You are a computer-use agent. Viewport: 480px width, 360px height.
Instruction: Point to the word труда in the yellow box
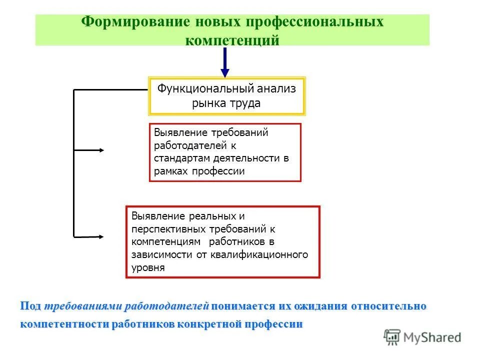[x=245, y=103]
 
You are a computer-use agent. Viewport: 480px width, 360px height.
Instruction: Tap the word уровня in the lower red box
[x=148, y=267]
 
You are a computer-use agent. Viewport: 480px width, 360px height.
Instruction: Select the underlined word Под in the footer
[x=31, y=306]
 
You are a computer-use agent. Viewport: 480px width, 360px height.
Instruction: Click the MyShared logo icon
[x=392, y=337]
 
